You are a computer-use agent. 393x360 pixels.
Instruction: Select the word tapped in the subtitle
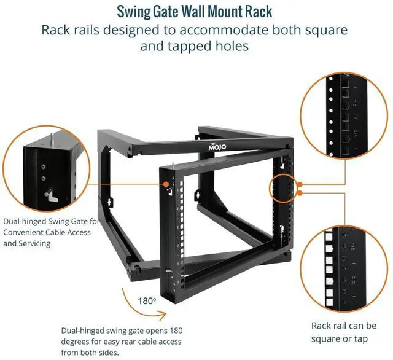pos(179,46)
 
